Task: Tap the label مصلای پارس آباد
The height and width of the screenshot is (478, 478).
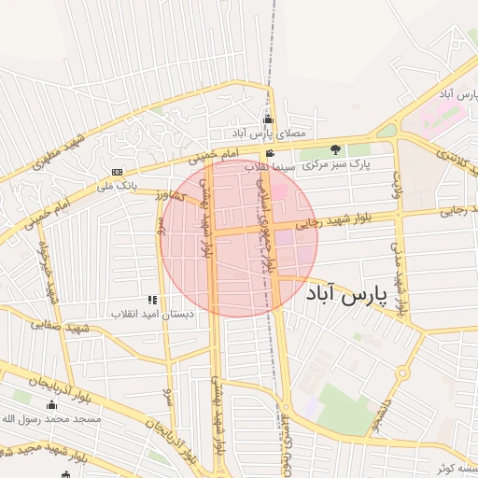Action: coord(271,134)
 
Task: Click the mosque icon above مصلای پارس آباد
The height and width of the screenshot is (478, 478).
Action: coord(269,119)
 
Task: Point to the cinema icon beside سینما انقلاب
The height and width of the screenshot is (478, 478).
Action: coord(270,154)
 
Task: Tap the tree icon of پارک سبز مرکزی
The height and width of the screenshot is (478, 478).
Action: coord(335,149)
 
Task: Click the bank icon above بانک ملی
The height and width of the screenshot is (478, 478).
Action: coord(117,172)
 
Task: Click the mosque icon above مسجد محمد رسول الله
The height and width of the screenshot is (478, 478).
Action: coord(51,405)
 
